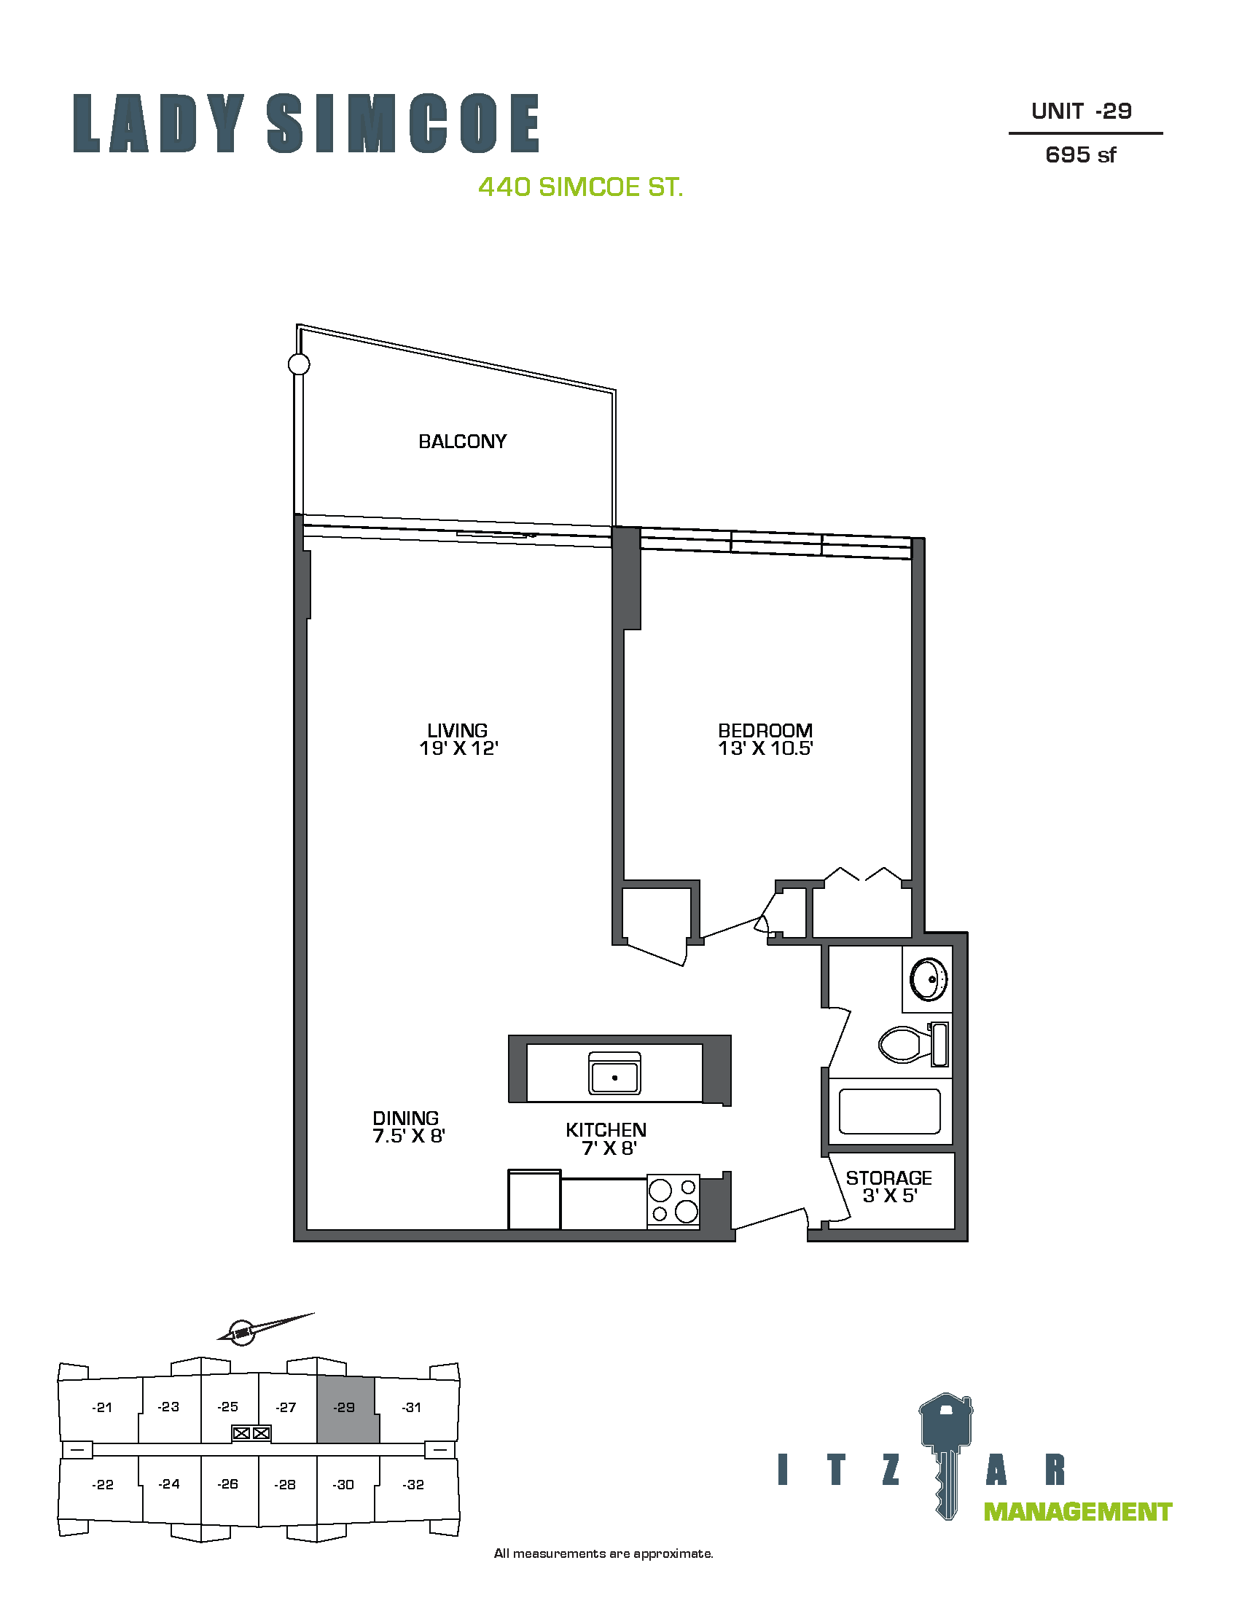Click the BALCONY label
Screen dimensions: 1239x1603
click(462, 441)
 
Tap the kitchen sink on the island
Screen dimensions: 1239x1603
click(614, 1073)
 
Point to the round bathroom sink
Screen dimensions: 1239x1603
click(929, 979)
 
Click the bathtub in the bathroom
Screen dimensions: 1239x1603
click(890, 1111)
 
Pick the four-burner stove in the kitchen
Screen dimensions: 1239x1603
click(674, 1200)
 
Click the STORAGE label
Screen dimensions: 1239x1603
click(889, 1178)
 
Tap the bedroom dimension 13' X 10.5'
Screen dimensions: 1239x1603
click(765, 748)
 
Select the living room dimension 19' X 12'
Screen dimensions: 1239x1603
click(458, 748)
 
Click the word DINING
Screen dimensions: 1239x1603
click(406, 1118)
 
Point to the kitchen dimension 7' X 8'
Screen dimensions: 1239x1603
click(609, 1148)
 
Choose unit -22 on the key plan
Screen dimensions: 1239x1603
click(102, 1485)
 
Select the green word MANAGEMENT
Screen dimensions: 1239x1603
click(1077, 1512)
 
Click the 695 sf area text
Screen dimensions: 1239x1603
click(1080, 155)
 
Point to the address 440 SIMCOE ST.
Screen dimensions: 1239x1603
click(581, 187)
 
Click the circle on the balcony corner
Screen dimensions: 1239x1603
click(299, 364)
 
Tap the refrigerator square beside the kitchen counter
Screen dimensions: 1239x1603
click(534, 1199)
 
